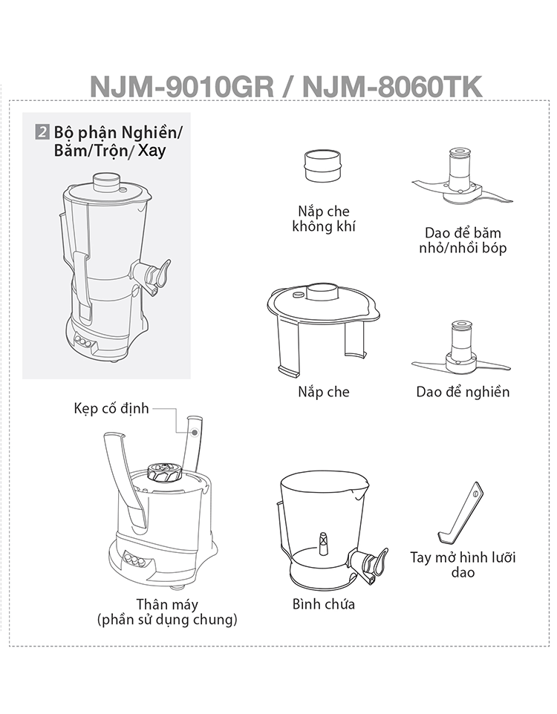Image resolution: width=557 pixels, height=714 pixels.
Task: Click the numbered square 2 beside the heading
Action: (x=42, y=133)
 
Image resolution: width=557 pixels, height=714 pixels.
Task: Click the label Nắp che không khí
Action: (x=324, y=218)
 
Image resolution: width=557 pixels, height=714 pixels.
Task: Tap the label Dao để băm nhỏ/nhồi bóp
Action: (x=463, y=240)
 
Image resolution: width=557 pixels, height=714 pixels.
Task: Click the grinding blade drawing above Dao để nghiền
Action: (x=460, y=349)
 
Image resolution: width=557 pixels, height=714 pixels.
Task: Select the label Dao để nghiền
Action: (x=463, y=392)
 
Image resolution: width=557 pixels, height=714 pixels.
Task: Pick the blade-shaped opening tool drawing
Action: (x=460, y=513)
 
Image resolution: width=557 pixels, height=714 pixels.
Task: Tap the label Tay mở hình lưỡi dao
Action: (x=463, y=565)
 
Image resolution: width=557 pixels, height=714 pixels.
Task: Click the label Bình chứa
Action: (x=324, y=604)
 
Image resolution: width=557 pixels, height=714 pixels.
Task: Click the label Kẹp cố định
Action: (x=111, y=408)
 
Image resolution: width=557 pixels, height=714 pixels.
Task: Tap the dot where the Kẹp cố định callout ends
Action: (x=195, y=432)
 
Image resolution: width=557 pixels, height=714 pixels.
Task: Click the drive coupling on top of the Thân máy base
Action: (x=165, y=472)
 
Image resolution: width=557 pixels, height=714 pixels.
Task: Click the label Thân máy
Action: (x=167, y=604)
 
